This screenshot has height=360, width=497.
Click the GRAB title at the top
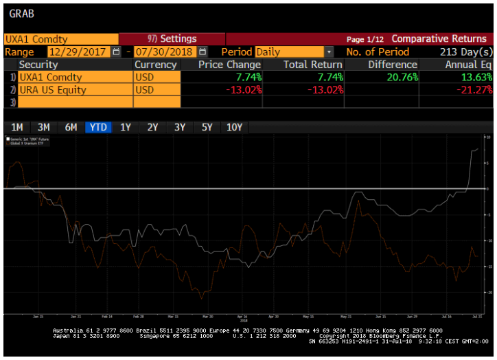21,13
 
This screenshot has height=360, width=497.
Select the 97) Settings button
172,39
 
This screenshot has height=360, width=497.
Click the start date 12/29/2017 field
78,52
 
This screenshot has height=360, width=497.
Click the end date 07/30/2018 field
165,52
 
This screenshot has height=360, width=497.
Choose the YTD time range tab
98,127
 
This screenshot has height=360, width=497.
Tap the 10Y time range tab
234,127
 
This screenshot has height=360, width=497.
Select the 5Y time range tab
207,127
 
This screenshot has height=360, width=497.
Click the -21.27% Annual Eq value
472,89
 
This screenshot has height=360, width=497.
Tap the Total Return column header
313,65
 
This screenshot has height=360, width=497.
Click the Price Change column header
229,65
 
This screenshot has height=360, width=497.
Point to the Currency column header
156,65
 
